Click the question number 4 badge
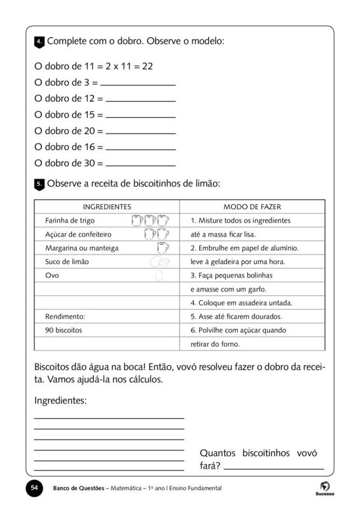[39, 42]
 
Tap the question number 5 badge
[39, 184]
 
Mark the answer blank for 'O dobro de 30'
[140, 164]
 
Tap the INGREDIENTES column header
[107, 207]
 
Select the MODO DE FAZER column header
[252, 207]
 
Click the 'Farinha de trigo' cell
[70, 221]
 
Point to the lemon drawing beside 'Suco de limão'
[160, 261]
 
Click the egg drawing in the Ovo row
[159, 275]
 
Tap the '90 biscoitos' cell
[64, 331]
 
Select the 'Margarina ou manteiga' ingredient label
[82, 248]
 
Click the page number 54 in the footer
[34, 487]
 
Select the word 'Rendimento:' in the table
[65, 317]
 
